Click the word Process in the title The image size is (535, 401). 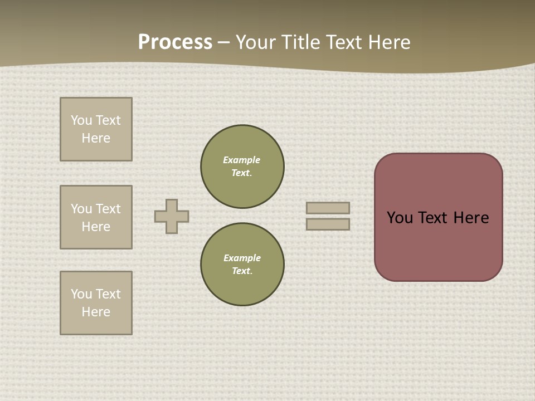coord(175,42)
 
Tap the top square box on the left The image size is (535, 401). coord(96,129)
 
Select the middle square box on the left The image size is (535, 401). coord(96,217)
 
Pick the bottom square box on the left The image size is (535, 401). coord(96,303)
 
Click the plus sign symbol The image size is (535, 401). coord(172,216)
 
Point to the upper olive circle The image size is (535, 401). coord(242,167)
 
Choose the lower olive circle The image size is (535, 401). coord(242,265)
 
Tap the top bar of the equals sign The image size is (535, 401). coord(328,208)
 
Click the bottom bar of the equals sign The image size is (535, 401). coord(328,224)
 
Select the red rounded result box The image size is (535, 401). coord(439,217)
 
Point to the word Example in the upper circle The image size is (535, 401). coord(242,160)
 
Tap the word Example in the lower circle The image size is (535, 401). coord(242,258)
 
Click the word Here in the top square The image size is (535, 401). coord(96,138)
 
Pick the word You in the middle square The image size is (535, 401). coord(81,209)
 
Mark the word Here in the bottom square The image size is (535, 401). coord(96,312)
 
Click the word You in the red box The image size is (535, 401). coord(400,218)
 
